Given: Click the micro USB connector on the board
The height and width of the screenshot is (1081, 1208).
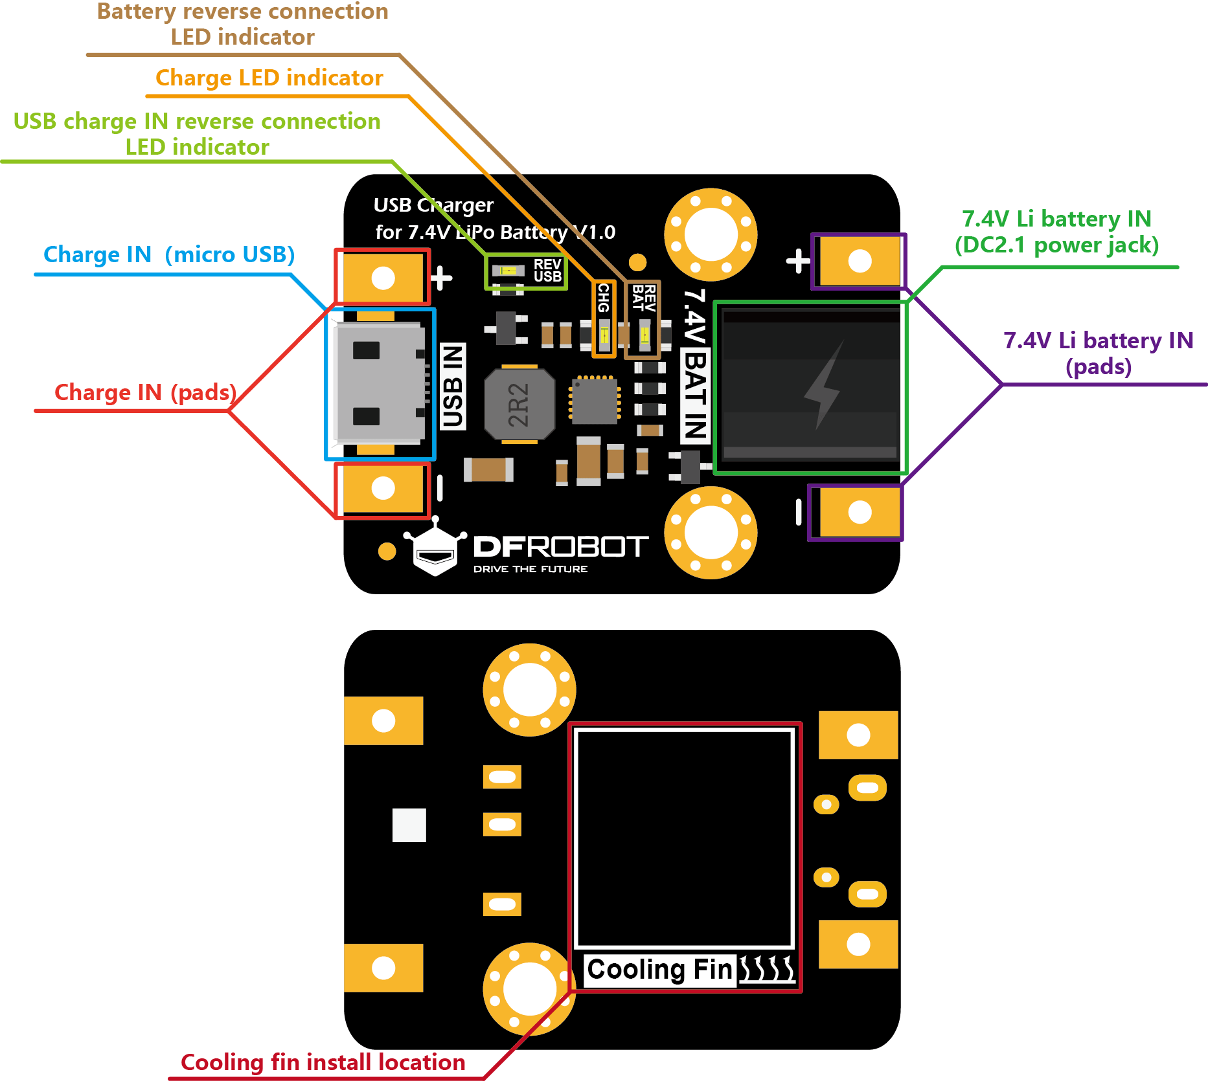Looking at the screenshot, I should tap(380, 384).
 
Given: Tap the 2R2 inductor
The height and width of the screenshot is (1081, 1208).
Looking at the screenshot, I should tap(519, 405).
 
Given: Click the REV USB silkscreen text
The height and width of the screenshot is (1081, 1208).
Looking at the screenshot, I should tap(547, 271).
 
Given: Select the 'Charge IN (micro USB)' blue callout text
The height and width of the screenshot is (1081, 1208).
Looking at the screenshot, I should tap(168, 254).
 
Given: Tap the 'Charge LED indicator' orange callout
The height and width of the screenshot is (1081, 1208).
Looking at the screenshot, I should tap(269, 78).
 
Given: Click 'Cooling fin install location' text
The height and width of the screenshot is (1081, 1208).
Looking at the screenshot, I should tap(323, 1062).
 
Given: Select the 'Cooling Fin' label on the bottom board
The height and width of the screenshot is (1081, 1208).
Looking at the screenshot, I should tap(659, 970).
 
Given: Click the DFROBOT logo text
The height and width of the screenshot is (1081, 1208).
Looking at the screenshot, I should tap(560, 547).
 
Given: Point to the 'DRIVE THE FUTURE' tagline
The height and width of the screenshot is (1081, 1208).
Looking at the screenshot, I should tap(530, 569).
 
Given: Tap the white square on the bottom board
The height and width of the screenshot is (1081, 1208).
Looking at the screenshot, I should tap(409, 825).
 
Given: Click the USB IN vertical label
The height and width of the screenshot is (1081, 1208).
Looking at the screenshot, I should tap(452, 387).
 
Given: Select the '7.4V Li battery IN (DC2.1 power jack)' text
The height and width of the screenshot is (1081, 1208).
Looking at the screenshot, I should tap(1056, 232).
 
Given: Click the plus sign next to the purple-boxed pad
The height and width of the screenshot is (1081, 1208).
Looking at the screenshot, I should tap(798, 261).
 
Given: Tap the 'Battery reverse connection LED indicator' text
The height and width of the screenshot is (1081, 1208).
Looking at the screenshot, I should tap(243, 24).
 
